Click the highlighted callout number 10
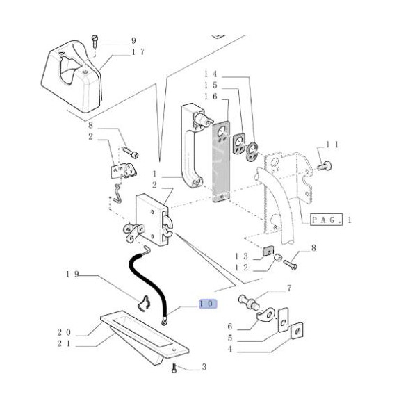[208, 304]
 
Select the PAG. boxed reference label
[326, 220]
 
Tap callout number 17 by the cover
[138, 52]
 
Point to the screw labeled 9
[95, 41]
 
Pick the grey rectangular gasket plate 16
[221, 162]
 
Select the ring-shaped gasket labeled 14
[252, 152]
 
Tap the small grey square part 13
[268, 251]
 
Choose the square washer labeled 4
[297, 331]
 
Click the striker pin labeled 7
[250, 302]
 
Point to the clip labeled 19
[144, 303]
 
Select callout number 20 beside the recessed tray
[64, 332]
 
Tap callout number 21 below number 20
[64, 343]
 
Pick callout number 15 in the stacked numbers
[211, 85]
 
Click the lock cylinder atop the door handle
[204, 119]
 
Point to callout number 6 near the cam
[230, 326]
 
